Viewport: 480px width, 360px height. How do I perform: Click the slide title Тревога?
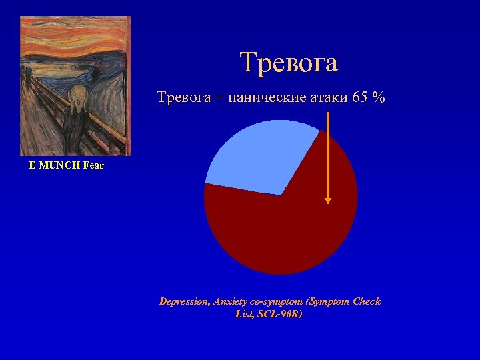[289, 63]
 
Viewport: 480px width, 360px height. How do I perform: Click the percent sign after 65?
[379, 98]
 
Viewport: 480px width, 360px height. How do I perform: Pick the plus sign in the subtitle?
[219, 99]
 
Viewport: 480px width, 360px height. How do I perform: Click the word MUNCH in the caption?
[59, 165]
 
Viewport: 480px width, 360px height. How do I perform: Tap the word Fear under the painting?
[93, 165]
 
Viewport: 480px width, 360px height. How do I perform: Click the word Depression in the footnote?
[184, 301]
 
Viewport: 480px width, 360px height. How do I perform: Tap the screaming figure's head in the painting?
[79, 94]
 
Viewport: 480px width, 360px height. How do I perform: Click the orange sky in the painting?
[73, 30]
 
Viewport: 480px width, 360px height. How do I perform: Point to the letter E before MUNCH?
[32, 165]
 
